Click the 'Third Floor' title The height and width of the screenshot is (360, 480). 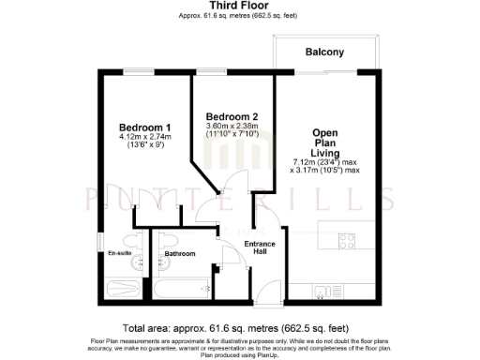coord(240,6)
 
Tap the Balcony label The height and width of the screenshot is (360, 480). coord(323,52)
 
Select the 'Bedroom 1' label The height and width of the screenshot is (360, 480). coord(143,127)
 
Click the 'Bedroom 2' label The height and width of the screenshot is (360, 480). coord(232,117)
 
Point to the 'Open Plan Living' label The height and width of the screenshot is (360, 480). coord(325,142)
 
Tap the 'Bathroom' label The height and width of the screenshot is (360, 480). coord(179,254)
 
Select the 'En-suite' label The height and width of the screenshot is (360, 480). coord(119,253)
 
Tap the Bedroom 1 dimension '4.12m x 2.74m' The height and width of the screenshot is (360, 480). coord(143,138)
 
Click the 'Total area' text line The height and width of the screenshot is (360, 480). coord(240,328)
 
